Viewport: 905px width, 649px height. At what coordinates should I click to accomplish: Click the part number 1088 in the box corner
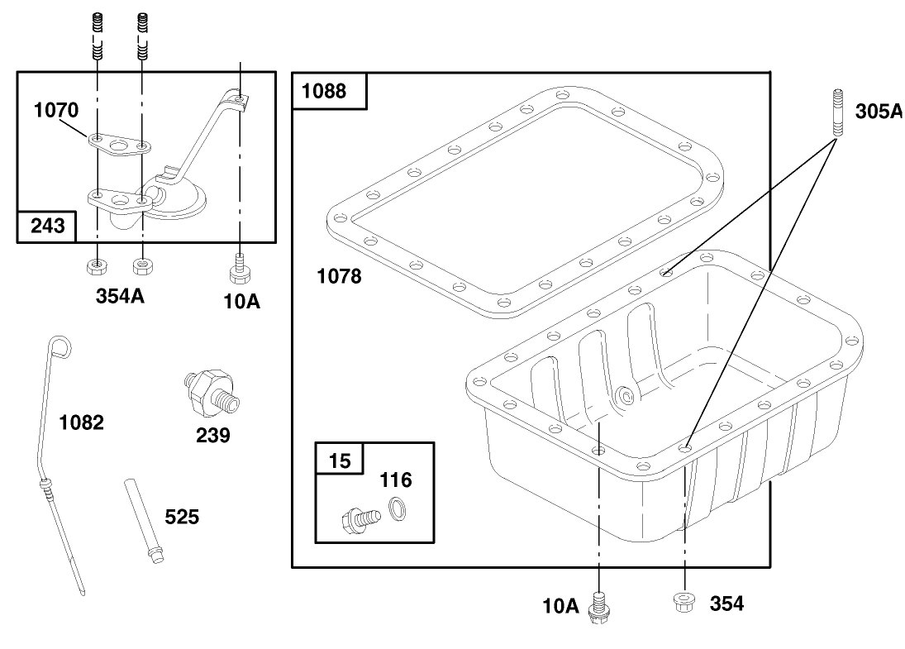click(324, 91)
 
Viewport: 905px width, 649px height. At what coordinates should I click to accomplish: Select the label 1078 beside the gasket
click(340, 277)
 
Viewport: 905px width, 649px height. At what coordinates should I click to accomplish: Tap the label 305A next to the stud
click(879, 111)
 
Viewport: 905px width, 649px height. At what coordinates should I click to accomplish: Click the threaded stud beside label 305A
click(838, 112)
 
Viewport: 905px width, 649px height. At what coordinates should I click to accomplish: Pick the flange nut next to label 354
click(684, 602)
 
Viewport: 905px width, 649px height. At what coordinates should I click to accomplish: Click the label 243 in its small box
click(47, 225)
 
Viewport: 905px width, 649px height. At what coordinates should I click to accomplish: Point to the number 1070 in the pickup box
click(56, 110)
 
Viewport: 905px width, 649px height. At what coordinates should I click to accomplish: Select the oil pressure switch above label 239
click(212, 393)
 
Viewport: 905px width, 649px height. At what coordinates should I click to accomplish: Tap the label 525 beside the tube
click(182, 517)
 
